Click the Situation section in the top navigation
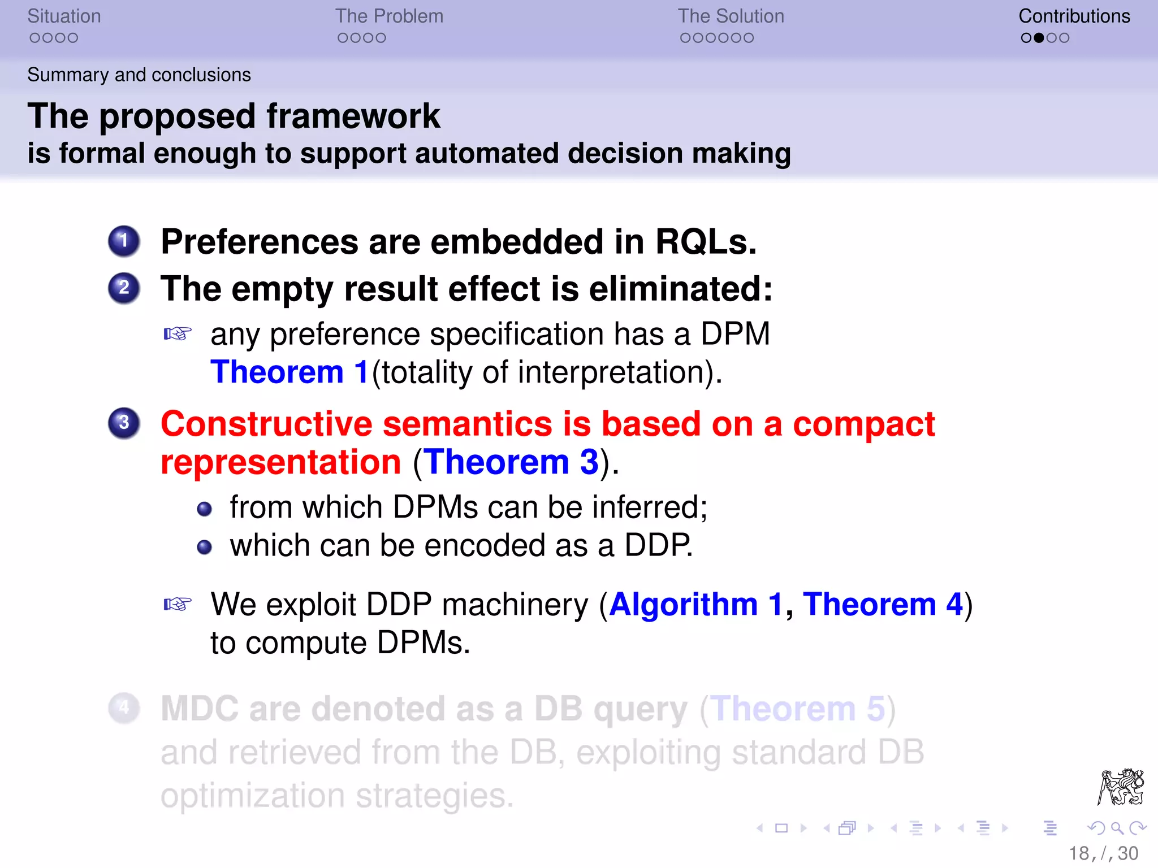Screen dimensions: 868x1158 click(64, 16)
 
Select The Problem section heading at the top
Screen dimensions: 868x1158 click(389, 16)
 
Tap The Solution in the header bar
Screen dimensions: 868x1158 click(731, 16)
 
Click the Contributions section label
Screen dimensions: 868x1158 click(1074, 16)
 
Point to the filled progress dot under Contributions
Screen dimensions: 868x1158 click(1039, 38)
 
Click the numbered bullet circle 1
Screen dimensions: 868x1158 click(124, 241)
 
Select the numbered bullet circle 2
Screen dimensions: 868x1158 click(124, 288)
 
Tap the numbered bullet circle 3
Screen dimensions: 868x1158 click(124, 423)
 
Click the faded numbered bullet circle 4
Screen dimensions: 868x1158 click(124, 708)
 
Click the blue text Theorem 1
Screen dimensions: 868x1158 click(289, 372)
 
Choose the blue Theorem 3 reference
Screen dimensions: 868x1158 click(511, 462)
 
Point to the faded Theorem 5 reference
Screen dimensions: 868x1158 click(797, 709)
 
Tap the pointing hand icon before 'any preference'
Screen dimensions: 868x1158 click(178, 334)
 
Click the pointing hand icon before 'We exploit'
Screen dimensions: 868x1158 click(178, 604)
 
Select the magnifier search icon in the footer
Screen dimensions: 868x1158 click(1117, 828)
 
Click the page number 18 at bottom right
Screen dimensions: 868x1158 click(1078, 853)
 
